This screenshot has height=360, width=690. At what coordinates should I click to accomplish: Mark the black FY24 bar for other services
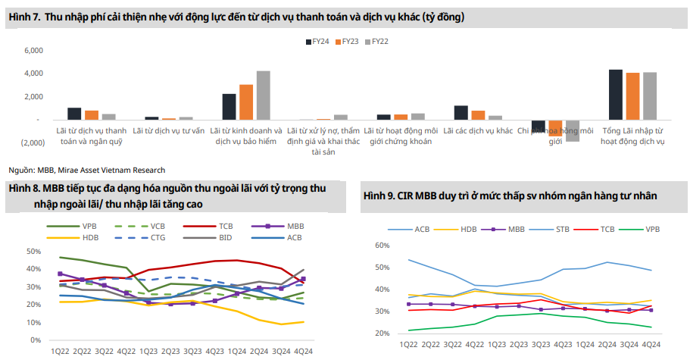click(x=461, y=112)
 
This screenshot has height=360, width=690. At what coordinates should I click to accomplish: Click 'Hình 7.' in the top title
click(x=23, y=16)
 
